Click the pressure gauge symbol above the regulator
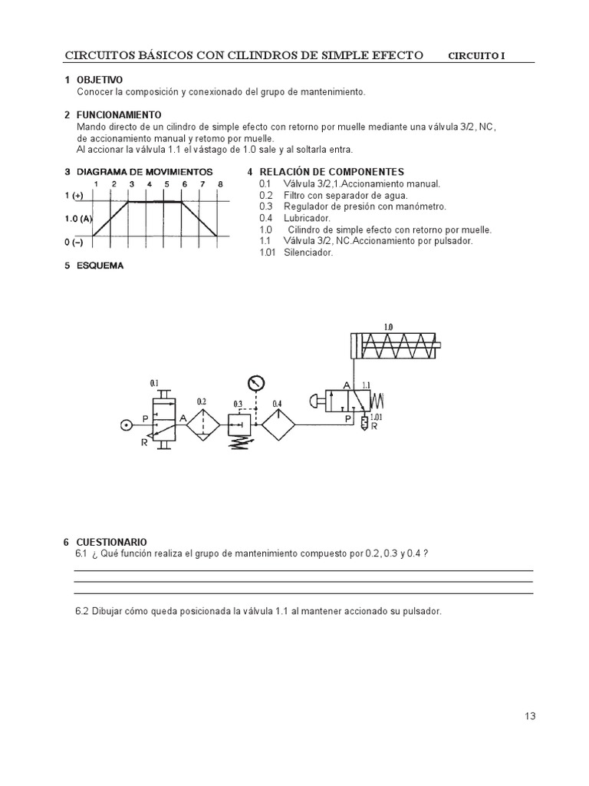click(x=255, y=382)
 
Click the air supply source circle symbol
click(x=127, y=424)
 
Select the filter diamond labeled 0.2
click(x=202, y=424)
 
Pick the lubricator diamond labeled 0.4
click(x=278, y=424)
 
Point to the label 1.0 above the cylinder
click(x=388, y=326)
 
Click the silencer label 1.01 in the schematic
click(x=376, y=418)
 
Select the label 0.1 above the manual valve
click(x=154, y=382)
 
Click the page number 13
click(x=530, y=716)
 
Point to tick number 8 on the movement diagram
click(x=220, y=184)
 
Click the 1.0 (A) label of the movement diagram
click(x=78, y=219)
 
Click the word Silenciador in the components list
click(x=308, y=252)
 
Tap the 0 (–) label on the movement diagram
click(x=74, y=242)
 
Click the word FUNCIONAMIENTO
click(x=119, y=115)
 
